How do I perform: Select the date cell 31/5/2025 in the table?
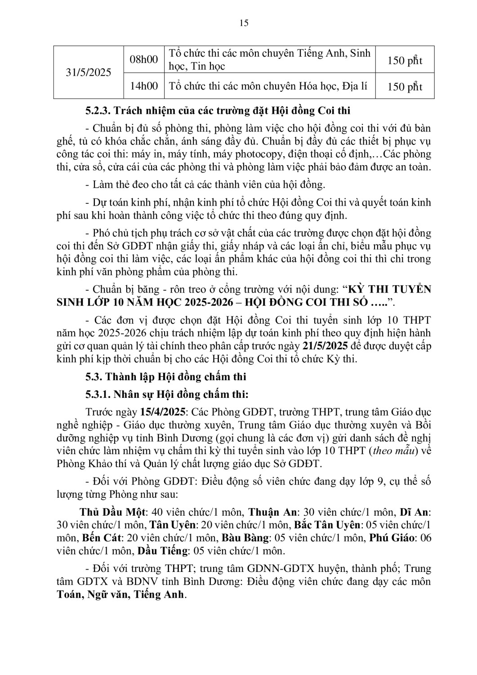89,72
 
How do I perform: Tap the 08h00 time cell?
144,59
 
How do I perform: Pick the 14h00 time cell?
144,85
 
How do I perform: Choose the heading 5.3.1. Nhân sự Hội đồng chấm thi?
167,394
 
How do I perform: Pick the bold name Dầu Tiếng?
162,551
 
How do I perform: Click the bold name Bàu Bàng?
245,538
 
